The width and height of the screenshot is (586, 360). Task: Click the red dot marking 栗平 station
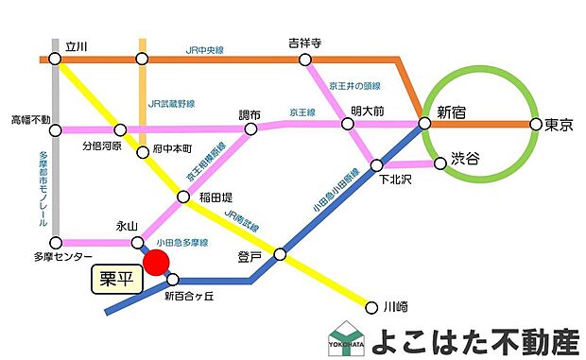[x=156, y=262]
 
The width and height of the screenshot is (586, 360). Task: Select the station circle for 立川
[x=55, y=60]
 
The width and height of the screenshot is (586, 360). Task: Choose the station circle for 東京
[x=536, y=124]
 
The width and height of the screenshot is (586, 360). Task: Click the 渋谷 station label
[x=466, y=157]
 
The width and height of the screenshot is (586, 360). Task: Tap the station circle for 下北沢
[x=377, y=165]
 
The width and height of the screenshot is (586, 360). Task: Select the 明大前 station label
[x=367, y=111]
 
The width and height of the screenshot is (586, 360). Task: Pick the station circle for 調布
[x=251, y=129]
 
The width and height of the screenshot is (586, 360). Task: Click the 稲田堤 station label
[x=216, y=197]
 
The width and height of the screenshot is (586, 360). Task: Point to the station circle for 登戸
[x=280, y=254]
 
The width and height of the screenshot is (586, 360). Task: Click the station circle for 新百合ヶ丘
[x=172, y=280]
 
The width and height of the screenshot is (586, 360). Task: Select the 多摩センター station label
[x=63, y=257]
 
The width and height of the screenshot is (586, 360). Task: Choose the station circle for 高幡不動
[x=55, y=130]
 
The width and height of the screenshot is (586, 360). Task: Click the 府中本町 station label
[x=172, y=149]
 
